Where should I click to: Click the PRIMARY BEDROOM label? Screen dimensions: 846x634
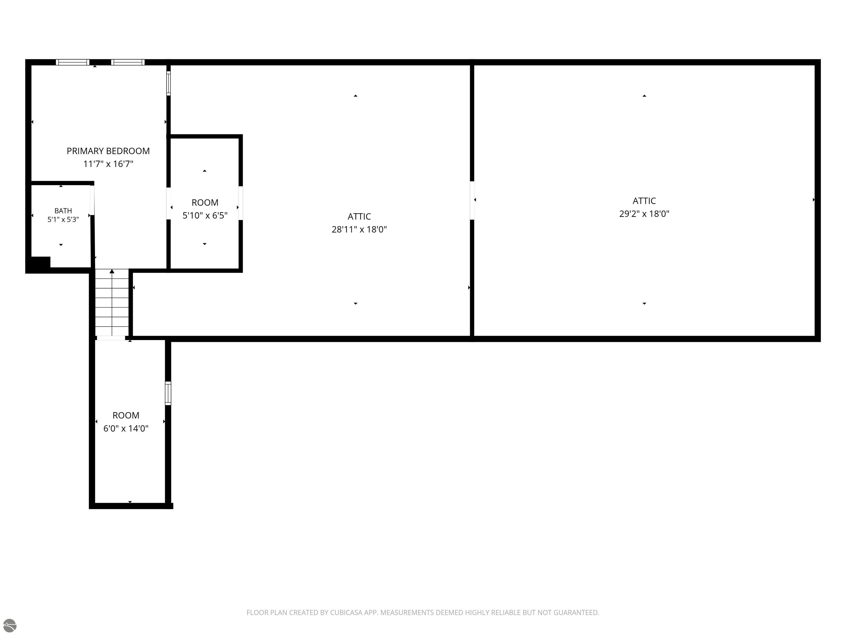[x=108, y=151]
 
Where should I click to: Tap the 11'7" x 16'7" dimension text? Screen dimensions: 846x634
[x=108, y=164]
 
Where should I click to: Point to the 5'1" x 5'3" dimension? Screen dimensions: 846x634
[x=63, y=219]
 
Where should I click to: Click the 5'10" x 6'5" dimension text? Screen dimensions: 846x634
[x=205, y=215]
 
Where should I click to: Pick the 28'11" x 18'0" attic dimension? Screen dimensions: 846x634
[x=359, y=229]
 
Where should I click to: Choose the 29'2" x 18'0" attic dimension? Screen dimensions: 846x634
[x=644, y=214]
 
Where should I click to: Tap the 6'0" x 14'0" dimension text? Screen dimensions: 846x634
[x=126, y=428]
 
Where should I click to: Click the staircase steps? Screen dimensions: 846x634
[x=112, y=303]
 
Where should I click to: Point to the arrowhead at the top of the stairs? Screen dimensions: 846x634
[x=112, y=271]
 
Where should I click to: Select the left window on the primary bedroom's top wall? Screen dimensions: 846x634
[x=73, y=62]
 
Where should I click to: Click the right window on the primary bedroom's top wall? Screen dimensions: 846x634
[x=128, y=62]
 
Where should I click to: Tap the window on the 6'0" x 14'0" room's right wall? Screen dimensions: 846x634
[x=168, y=393]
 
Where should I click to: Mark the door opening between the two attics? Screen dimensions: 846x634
[x=472, y=200]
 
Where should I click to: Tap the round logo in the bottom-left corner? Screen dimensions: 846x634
[x=10, y=625]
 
